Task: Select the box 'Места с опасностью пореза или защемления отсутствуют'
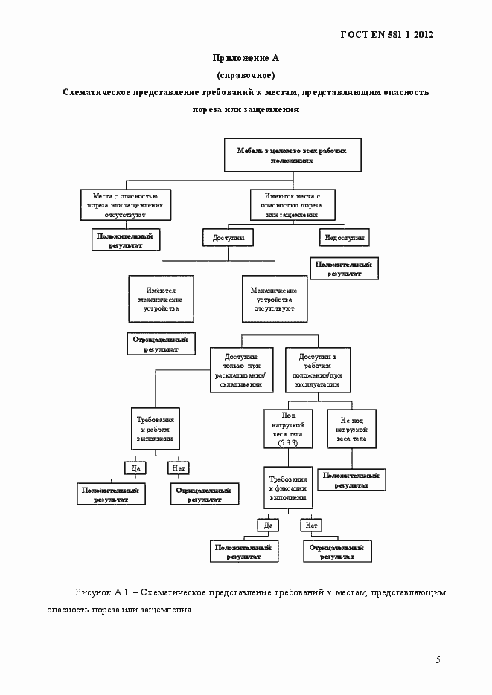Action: point(125,204)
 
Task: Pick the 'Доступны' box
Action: point(228,237)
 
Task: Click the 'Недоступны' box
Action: point(345,237)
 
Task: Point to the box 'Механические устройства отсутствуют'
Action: point(274,299)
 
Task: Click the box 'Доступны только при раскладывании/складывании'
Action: point(243,369)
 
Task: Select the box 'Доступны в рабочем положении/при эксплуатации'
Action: point(322,369)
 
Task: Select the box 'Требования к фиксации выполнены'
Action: point(288,488)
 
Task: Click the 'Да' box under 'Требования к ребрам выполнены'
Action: point(136,468)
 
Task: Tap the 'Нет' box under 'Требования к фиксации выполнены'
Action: point(310,526)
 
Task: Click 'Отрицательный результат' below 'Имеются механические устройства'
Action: point(161,343)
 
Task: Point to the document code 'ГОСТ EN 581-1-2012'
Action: point(386,34)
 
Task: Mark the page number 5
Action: point(438,659)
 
